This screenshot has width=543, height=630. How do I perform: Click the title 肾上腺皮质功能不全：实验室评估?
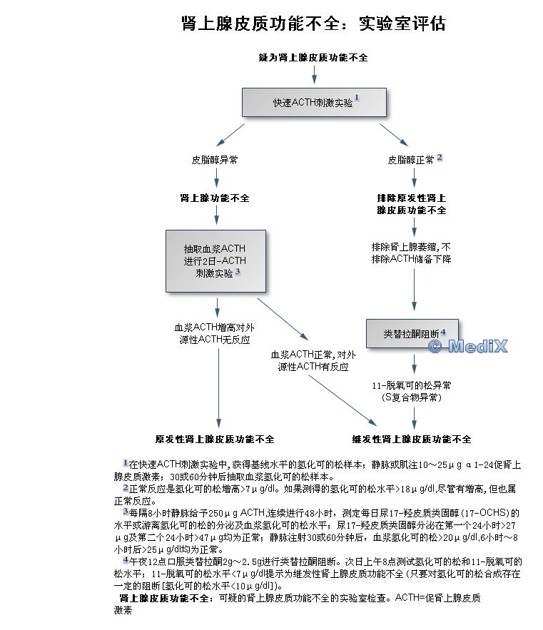[314, 24]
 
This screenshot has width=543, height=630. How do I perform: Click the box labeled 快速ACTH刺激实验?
[314, 103]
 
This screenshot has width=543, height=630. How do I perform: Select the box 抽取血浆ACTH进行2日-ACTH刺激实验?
[215, 260]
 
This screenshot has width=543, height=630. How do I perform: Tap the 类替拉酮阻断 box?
[412, 333]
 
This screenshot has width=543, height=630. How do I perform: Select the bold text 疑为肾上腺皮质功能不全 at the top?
[314, 56]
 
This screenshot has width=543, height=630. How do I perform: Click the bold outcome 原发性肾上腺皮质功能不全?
[215, 439]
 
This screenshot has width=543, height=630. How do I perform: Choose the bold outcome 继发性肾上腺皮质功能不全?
[412, 439]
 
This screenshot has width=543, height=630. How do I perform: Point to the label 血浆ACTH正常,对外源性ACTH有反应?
[313, 360]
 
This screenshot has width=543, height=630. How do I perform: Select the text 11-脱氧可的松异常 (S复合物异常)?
[412, 391]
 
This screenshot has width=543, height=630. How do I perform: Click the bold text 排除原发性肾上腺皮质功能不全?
[412, 203]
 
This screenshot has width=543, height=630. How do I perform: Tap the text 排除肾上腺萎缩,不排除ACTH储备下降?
[412, 253]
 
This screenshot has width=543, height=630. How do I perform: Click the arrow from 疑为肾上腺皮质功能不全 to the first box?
[314, 75]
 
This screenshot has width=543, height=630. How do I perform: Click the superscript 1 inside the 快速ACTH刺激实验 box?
[357, 98]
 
